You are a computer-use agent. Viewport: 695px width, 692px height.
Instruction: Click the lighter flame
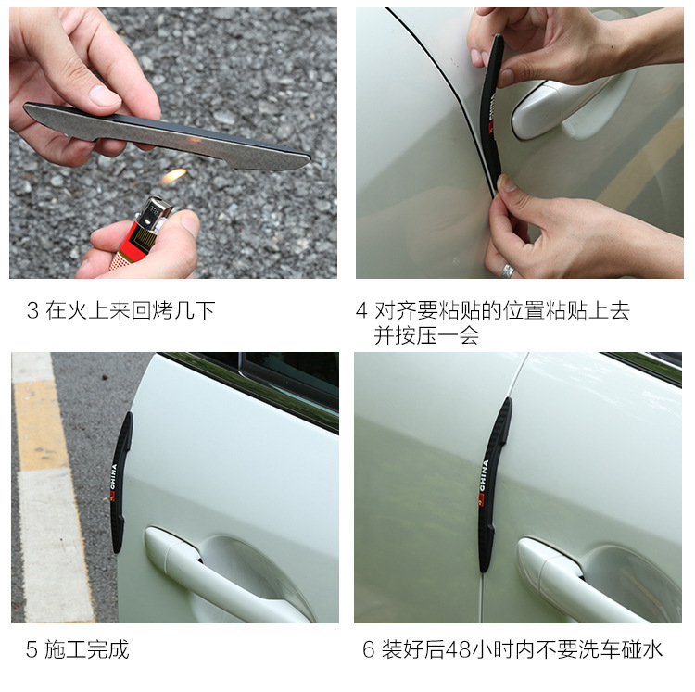pos(174,176)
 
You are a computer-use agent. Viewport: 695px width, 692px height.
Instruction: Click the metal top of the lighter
pos(154,214)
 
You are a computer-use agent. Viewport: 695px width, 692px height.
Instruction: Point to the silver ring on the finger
pos(508,271)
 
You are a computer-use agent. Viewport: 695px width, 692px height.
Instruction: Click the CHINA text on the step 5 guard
pos(113,478)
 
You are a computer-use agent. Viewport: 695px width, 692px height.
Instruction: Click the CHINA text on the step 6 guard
pos(484,475)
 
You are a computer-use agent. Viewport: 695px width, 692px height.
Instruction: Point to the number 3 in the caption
pos(32,310)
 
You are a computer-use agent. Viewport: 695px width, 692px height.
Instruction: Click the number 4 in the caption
pos(361,310)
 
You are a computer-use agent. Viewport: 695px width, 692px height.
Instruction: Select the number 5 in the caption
pos(32,650)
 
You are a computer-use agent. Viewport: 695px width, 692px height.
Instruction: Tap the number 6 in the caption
pos(369,650)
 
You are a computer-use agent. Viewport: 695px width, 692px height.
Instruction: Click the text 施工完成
pos(87,650)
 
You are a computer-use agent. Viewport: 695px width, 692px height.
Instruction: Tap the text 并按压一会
pos(426,335)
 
